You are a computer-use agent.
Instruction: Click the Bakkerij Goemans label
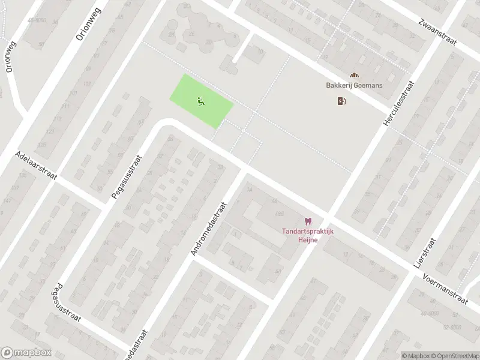pos(354,86)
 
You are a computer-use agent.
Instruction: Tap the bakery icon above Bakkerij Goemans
pos(354,75)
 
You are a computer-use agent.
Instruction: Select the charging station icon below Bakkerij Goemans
pos(341,101)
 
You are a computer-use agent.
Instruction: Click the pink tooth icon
pos(308,222)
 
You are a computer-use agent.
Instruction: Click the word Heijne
pos(308,240)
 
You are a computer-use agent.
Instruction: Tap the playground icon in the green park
pos(200,101)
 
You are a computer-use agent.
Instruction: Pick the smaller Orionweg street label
pos(10,58)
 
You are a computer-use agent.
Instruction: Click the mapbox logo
pos(26,353)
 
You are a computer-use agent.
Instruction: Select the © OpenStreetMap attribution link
pos(454,355)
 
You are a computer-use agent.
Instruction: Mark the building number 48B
pos(279,214)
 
